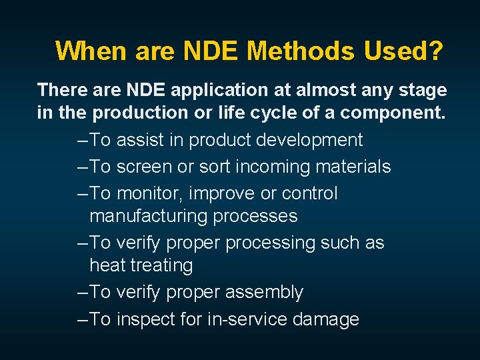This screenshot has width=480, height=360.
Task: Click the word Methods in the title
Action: [x=303, y=51]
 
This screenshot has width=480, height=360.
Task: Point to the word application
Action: [x=208, y=90]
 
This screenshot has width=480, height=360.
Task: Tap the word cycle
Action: [x=264, y=113]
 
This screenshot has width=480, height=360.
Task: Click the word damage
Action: [x=327, y=319]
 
